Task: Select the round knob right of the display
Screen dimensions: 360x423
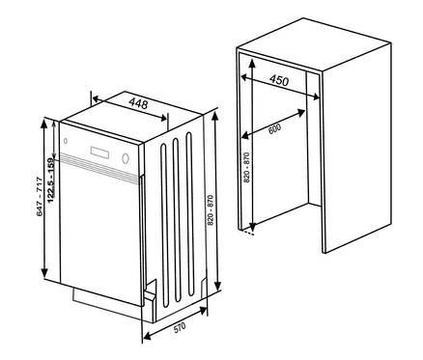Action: tap(126, 157)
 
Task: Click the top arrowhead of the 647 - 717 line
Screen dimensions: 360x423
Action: tap(44, 124)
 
